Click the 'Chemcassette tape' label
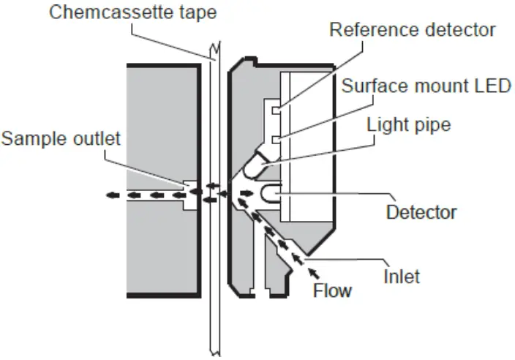click(x=124, y=12)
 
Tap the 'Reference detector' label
click(x=413, y=30)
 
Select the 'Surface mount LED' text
click(x=426, y=86)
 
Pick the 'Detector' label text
click(x=421, y=212)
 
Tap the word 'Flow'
click(x=333, y=290)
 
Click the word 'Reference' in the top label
click(x=372, y=30)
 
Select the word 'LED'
click(x=494, y=86)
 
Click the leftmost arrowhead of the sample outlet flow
click(x=109, y=195)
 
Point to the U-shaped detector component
click(x=268, y=195)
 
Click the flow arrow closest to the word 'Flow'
click(x=315, y=272)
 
